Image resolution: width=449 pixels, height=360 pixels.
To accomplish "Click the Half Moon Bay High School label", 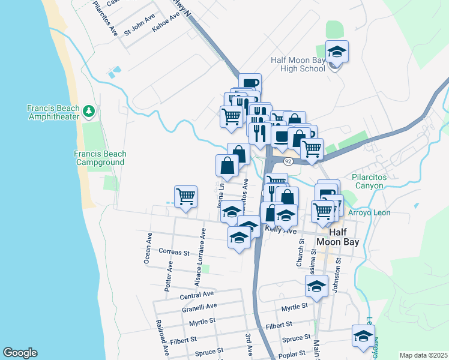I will [x=298, y=64].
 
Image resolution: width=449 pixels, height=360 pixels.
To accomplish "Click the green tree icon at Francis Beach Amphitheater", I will [x=89, y=110].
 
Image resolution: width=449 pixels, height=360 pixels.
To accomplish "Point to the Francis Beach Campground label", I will [x=99, y=158].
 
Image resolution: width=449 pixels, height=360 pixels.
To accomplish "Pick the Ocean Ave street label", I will [x=147, y=247].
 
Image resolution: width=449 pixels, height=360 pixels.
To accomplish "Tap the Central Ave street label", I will [x=197, y=295].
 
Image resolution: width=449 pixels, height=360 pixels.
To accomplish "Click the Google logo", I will [x=20, y=353].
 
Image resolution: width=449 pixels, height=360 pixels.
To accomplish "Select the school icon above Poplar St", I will [x=363, y=337].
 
